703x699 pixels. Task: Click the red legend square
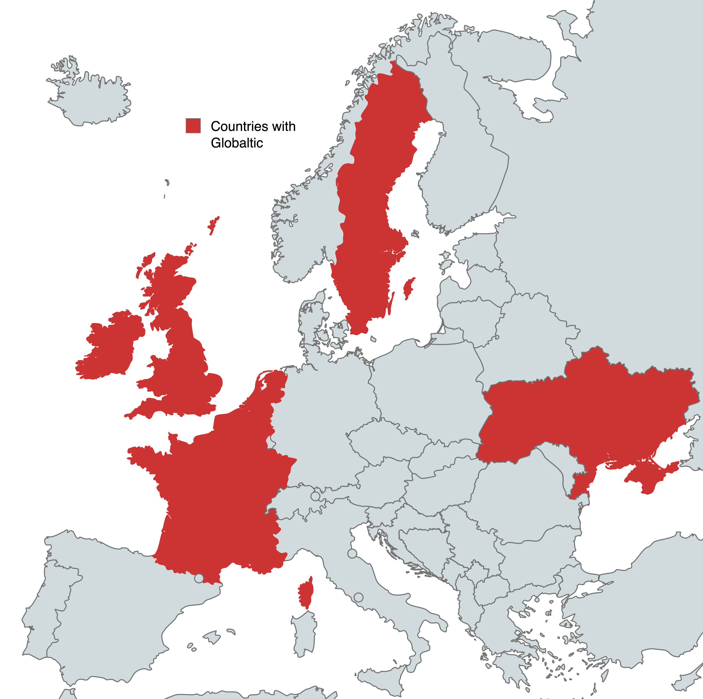tap(193, 125)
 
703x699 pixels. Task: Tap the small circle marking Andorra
tap(199, 578)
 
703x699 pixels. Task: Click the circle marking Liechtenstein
tap(315, 496)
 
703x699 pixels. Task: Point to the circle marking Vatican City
tap(358, 597)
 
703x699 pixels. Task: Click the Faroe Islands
tap(167, 183)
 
